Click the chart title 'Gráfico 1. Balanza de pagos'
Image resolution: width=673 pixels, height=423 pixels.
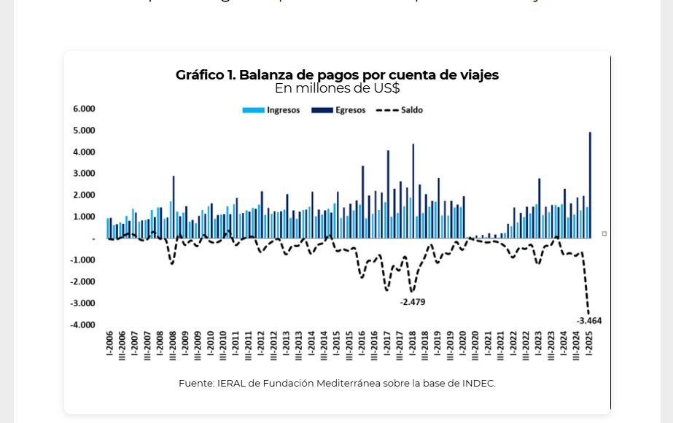point(337,75)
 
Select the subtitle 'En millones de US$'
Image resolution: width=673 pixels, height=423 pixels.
point(337,88)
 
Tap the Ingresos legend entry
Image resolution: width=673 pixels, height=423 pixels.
point(271,110)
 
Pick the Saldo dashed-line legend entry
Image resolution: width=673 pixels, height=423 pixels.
point(400,110)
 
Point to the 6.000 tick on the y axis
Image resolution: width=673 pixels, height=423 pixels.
point(84,109)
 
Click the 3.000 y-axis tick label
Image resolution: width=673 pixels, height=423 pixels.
point(84,174)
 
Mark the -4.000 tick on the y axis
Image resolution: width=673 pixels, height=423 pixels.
point(82,325)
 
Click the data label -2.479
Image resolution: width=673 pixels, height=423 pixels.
point(413,301)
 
